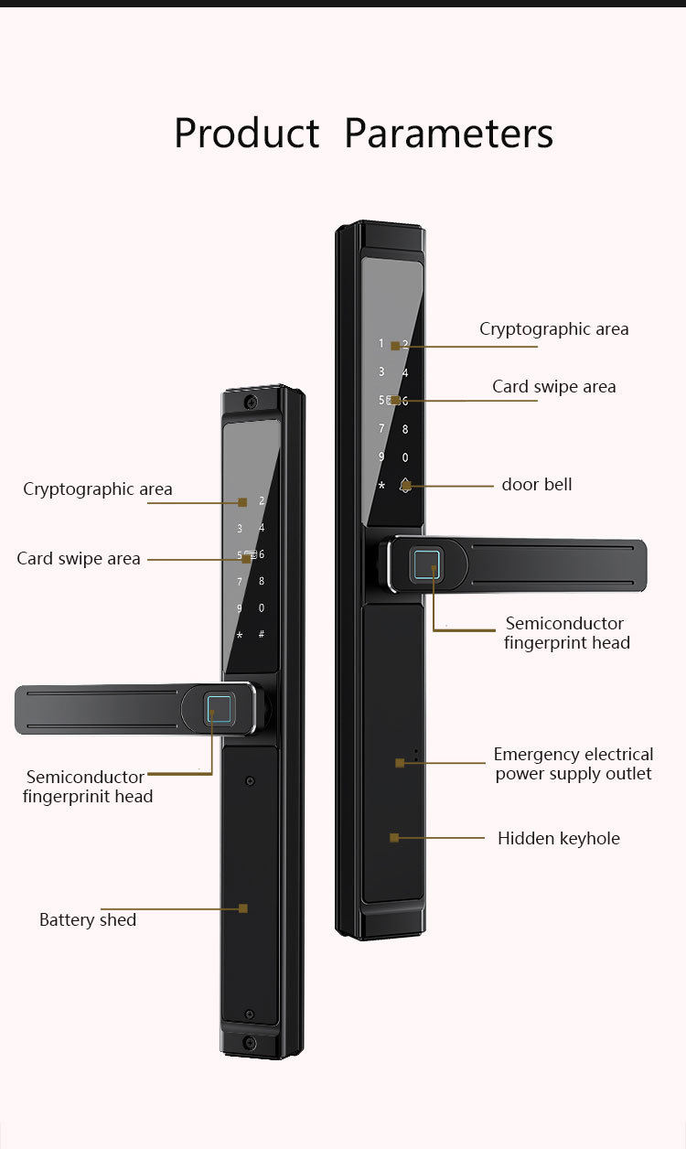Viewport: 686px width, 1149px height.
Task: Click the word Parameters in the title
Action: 448,134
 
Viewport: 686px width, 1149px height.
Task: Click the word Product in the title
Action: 246,134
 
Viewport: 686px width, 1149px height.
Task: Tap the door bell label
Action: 536,484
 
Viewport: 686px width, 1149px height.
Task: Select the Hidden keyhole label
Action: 558,838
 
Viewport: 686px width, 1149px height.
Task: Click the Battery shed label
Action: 88,919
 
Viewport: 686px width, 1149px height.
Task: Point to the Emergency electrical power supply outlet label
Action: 573,764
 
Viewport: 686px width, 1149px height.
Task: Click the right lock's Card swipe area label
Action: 553,386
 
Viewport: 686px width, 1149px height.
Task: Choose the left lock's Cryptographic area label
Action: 97,489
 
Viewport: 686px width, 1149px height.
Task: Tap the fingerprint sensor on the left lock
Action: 220,710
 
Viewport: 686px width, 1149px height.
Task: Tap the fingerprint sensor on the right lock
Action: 427,565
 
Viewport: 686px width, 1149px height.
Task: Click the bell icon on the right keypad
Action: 405,486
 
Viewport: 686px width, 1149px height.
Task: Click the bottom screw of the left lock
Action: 250,1042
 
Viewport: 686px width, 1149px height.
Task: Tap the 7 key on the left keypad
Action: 240,582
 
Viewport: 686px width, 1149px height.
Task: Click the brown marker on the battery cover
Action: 243,908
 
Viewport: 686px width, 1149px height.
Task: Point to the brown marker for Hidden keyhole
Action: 394,837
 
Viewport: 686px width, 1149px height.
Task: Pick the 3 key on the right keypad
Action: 381,372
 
